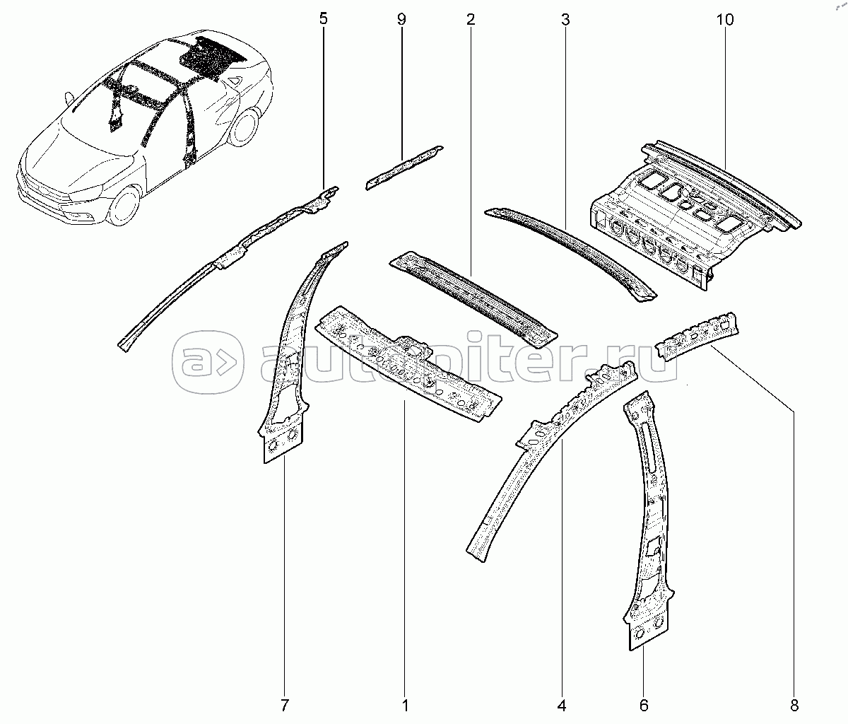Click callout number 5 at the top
(x=323, y=19)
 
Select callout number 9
(x=401, y=19)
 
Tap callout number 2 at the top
(x=471, y=19)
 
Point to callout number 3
(x=565, y=19)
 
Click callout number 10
(x=725, y=19)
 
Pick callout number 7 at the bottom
(x=285, y=705)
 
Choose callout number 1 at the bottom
(x=405, y=705)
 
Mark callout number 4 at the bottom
(x=562, y=705)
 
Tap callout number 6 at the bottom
(x=644, y=705)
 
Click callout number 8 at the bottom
(x=794, y=705)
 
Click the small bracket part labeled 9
(x=404, y=168)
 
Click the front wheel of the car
(x=124, y=205)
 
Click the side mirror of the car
(x=70, y=98)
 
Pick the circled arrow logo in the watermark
(x=208, y=362)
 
